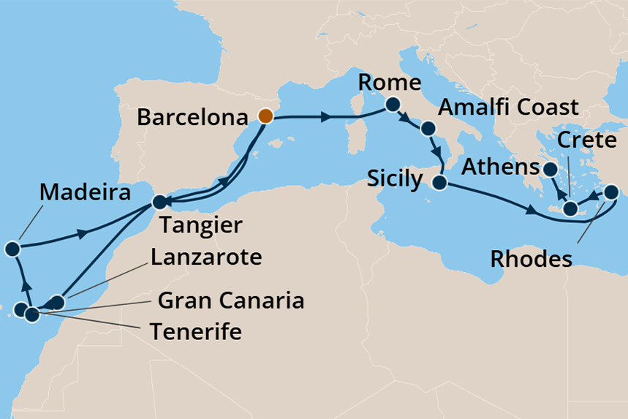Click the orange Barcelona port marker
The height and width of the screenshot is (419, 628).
click(x=265, y=116)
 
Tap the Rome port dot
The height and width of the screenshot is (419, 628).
click(x=392, y=104)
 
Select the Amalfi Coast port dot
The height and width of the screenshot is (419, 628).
click(x=429, y=129)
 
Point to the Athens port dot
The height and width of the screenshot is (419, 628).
click(x=548, y=170)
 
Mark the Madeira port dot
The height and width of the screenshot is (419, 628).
click(x=12, y=249)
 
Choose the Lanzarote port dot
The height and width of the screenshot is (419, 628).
click(x=58, y=301)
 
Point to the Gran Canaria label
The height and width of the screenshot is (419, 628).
click(x=231, y=301)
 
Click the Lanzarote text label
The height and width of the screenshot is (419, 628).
click(x=206, y=257)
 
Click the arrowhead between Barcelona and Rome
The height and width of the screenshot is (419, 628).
click(x=325, y=116)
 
